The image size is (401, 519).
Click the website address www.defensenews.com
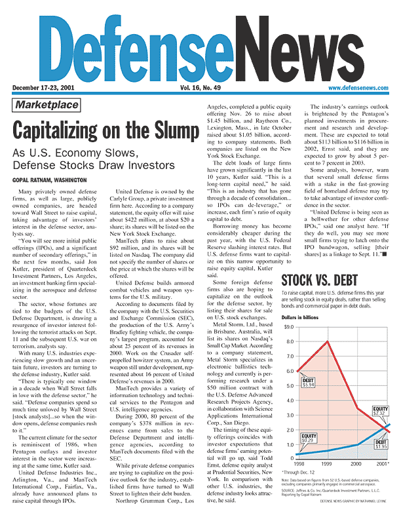coord(356,87)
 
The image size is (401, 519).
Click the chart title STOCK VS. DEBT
coord(319,282)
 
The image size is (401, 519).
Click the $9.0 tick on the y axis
coord(288,326)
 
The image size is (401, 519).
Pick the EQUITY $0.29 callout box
coord(309,438)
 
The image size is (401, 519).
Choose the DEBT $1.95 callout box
coord(381,445)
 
